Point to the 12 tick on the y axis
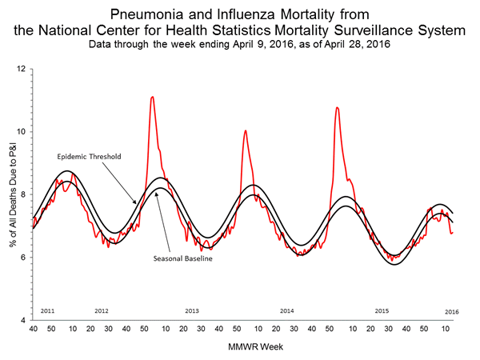point(22,69)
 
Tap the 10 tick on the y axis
point(22,131)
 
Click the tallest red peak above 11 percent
point(152,97)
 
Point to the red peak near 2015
point(337,107)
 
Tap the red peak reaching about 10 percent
point(245,130)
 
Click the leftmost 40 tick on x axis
point(33,329)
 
